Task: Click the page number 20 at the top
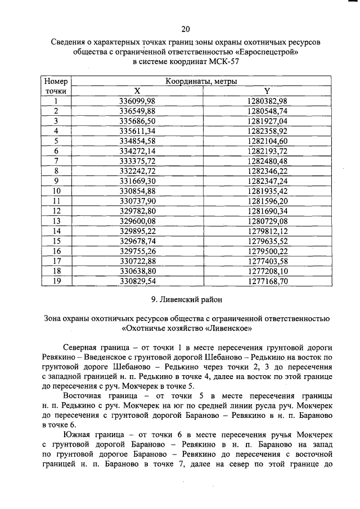(x=186, y=29)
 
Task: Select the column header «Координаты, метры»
(x=201, y=82)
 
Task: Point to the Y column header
(x=267, y=91)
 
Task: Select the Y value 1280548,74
(x=267, y=111)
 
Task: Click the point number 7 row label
(x=56, y=161)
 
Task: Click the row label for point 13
(x=56, y=220)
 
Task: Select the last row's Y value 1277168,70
(x=267, y=281)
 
